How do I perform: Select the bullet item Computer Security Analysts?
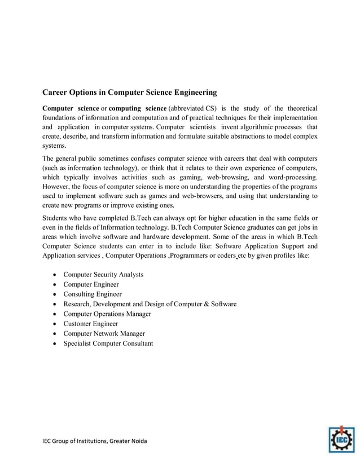point(103,274)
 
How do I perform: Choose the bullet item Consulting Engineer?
point(93,294)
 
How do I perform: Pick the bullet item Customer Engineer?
point(91,323)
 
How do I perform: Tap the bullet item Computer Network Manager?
point(104,333)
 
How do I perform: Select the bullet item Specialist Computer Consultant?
point(108,343)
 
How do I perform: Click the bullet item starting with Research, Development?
point(150,304)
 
